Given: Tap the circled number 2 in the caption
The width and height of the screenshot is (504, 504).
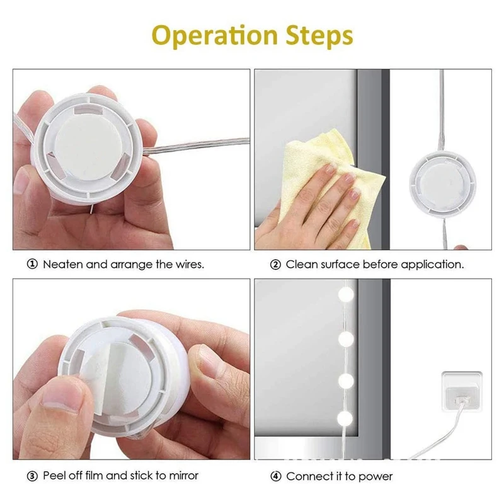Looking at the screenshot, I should [x=275, y=265].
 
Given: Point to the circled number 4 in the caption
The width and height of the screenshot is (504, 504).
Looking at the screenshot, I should [x=275, y=476].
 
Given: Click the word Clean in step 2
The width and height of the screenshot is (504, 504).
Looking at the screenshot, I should [x=301, y=265].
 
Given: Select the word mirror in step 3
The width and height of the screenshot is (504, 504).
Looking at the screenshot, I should [x=183, y=475].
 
